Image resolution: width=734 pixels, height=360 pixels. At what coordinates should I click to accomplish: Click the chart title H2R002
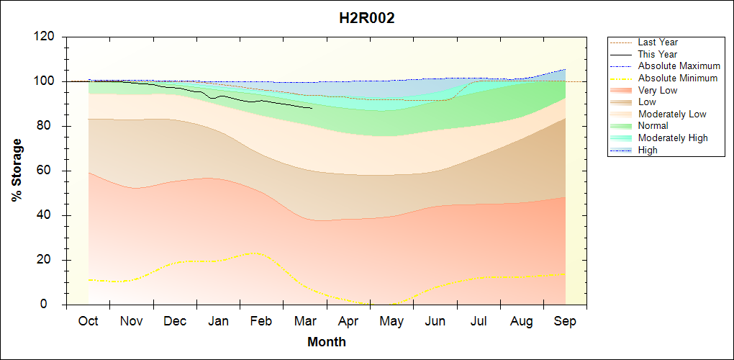(x=367, y=19)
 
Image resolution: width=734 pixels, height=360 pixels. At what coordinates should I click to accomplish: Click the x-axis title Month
(x=327, y=342)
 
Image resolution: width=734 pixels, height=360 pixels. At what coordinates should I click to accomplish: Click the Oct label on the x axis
(x=89, y=321)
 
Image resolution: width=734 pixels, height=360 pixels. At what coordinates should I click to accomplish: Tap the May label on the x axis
(x=391, y=321)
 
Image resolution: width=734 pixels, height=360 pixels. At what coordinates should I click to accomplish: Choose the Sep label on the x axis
(x=565, y=321)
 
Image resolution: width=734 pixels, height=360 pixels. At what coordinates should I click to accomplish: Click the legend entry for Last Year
(x=658, y=42)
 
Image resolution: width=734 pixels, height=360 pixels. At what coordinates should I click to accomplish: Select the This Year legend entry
(x=658, y=54)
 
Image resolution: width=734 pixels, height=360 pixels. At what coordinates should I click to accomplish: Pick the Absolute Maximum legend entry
(x=679, y=66)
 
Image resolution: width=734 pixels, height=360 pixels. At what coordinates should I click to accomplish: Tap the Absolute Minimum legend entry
(x=678, y=78)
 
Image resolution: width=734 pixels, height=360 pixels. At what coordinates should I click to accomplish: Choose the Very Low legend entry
(x=658, y=90)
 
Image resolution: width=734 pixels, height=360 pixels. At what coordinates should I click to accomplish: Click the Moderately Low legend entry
(x=672, y=114)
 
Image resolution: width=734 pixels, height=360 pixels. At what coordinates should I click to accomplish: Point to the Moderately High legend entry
(x=673, y=138)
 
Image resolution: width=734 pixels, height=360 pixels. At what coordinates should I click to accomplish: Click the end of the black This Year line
(x=312, y=108)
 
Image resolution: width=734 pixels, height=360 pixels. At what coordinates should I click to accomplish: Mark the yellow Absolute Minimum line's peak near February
(x=253, y=253)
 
